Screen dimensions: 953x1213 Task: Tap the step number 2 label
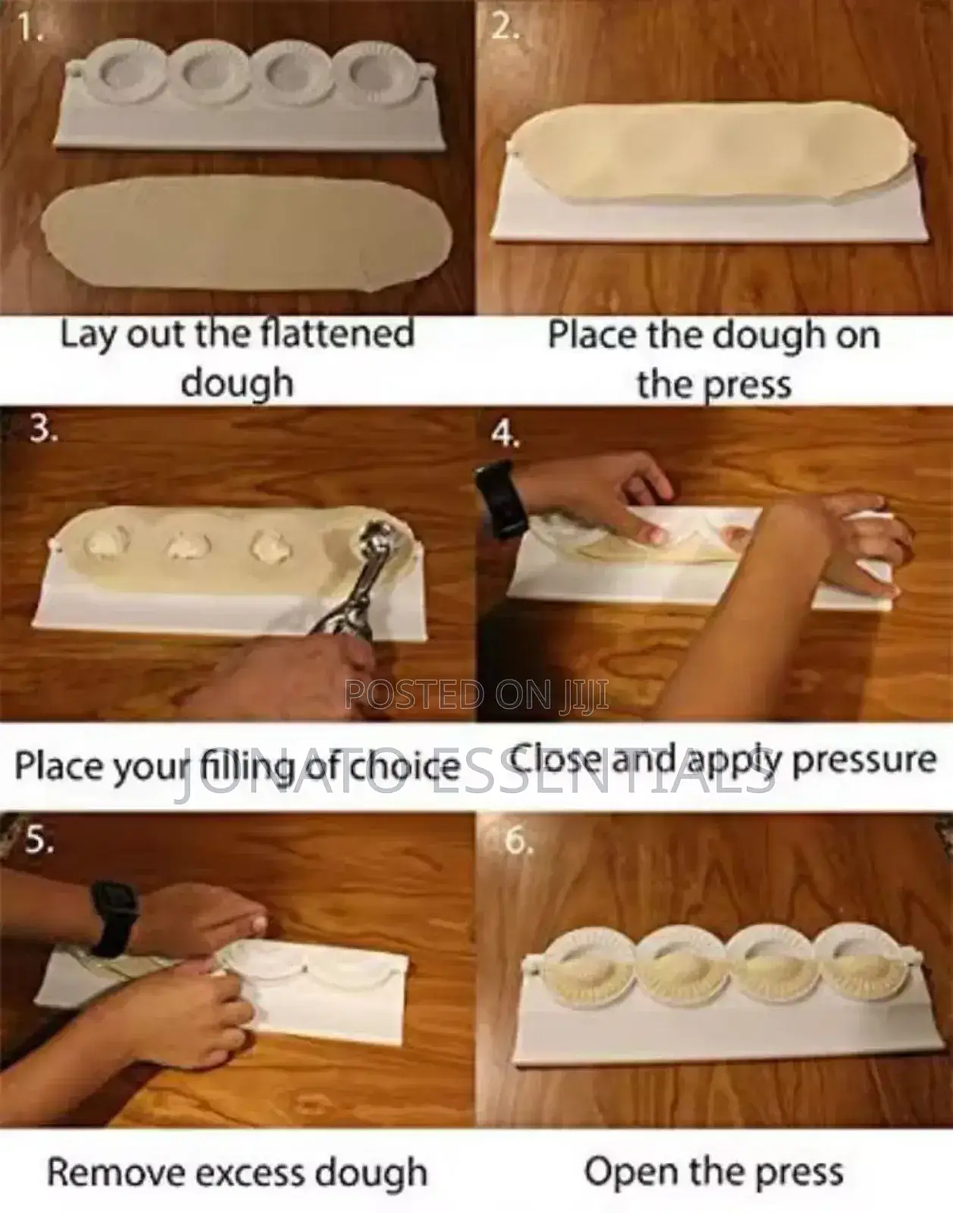505,26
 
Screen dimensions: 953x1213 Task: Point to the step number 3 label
44,429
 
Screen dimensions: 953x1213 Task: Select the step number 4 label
505,434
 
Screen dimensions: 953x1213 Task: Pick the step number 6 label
519,841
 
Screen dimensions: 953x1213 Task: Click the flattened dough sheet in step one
247,233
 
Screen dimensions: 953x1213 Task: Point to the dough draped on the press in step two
709,151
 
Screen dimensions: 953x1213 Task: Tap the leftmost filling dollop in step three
106,541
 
